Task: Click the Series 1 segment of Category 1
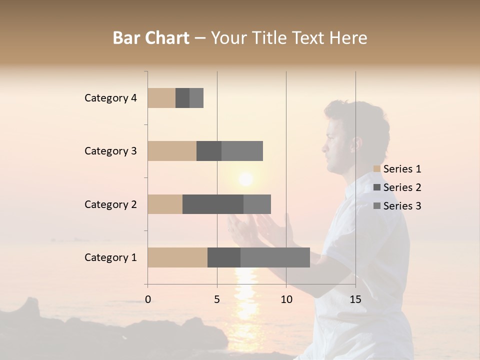(177, 257)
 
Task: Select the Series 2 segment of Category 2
(213, 204)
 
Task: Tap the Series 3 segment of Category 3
(242, 151)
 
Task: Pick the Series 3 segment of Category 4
(196, 98)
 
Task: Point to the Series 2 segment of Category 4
(182, 98)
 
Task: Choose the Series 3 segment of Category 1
(275, 257)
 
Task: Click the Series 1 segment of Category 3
(172, 151)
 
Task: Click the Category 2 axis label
(110, 204)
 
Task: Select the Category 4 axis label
(110, 98)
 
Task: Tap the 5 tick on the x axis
(217, 299)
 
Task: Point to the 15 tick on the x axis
(355, 299)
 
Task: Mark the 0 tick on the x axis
(148, 299)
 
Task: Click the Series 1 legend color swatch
(377, 169)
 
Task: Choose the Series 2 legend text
(402, 187)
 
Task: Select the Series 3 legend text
(402, 206)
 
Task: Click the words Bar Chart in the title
(151, 38)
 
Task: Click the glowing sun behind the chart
(245, 178)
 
